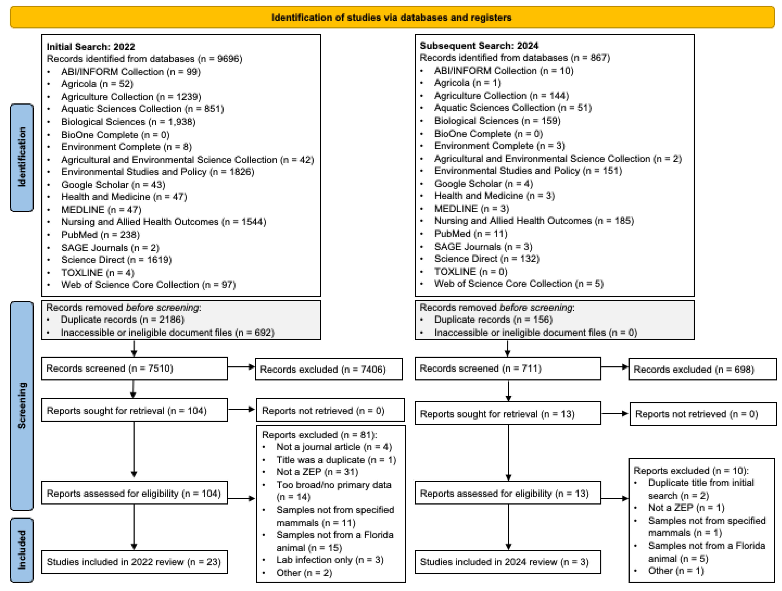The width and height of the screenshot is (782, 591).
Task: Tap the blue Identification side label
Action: [x=22, y=157]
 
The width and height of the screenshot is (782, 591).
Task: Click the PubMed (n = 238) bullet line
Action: [x=100, y=234]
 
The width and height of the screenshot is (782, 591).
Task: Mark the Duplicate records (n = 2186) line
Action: [x=122, y=319]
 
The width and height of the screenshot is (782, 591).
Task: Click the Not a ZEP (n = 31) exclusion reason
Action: [x=317, y=472]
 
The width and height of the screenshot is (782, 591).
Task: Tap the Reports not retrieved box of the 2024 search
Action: [x=703, y=414]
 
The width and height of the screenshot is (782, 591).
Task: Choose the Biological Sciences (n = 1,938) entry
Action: [x=128, y=122]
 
